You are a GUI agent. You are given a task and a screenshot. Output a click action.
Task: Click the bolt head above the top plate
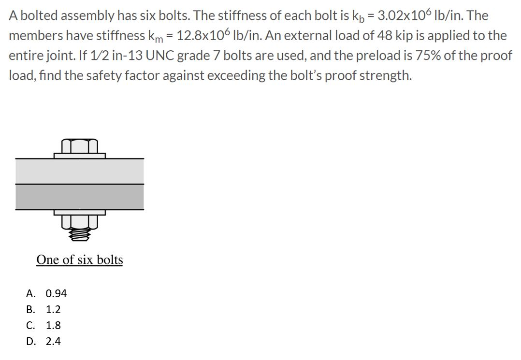[80, 145]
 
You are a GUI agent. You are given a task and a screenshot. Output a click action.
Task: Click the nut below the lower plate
[80, 221]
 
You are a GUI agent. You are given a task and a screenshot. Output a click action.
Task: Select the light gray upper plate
[80, 171]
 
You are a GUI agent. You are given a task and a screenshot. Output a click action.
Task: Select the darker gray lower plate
[80, 197]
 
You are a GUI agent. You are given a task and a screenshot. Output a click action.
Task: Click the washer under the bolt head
[80, 156]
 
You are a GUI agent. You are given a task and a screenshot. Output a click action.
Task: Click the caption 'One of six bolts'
[80, 260]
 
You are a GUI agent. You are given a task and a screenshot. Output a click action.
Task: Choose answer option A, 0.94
[56, 293]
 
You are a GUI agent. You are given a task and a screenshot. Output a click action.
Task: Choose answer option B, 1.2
[53, 309]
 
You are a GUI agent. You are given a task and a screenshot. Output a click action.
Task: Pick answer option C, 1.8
[53, 325]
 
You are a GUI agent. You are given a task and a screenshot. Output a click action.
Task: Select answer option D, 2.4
[53, 341]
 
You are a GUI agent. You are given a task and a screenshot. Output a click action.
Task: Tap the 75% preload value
[438, 56]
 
